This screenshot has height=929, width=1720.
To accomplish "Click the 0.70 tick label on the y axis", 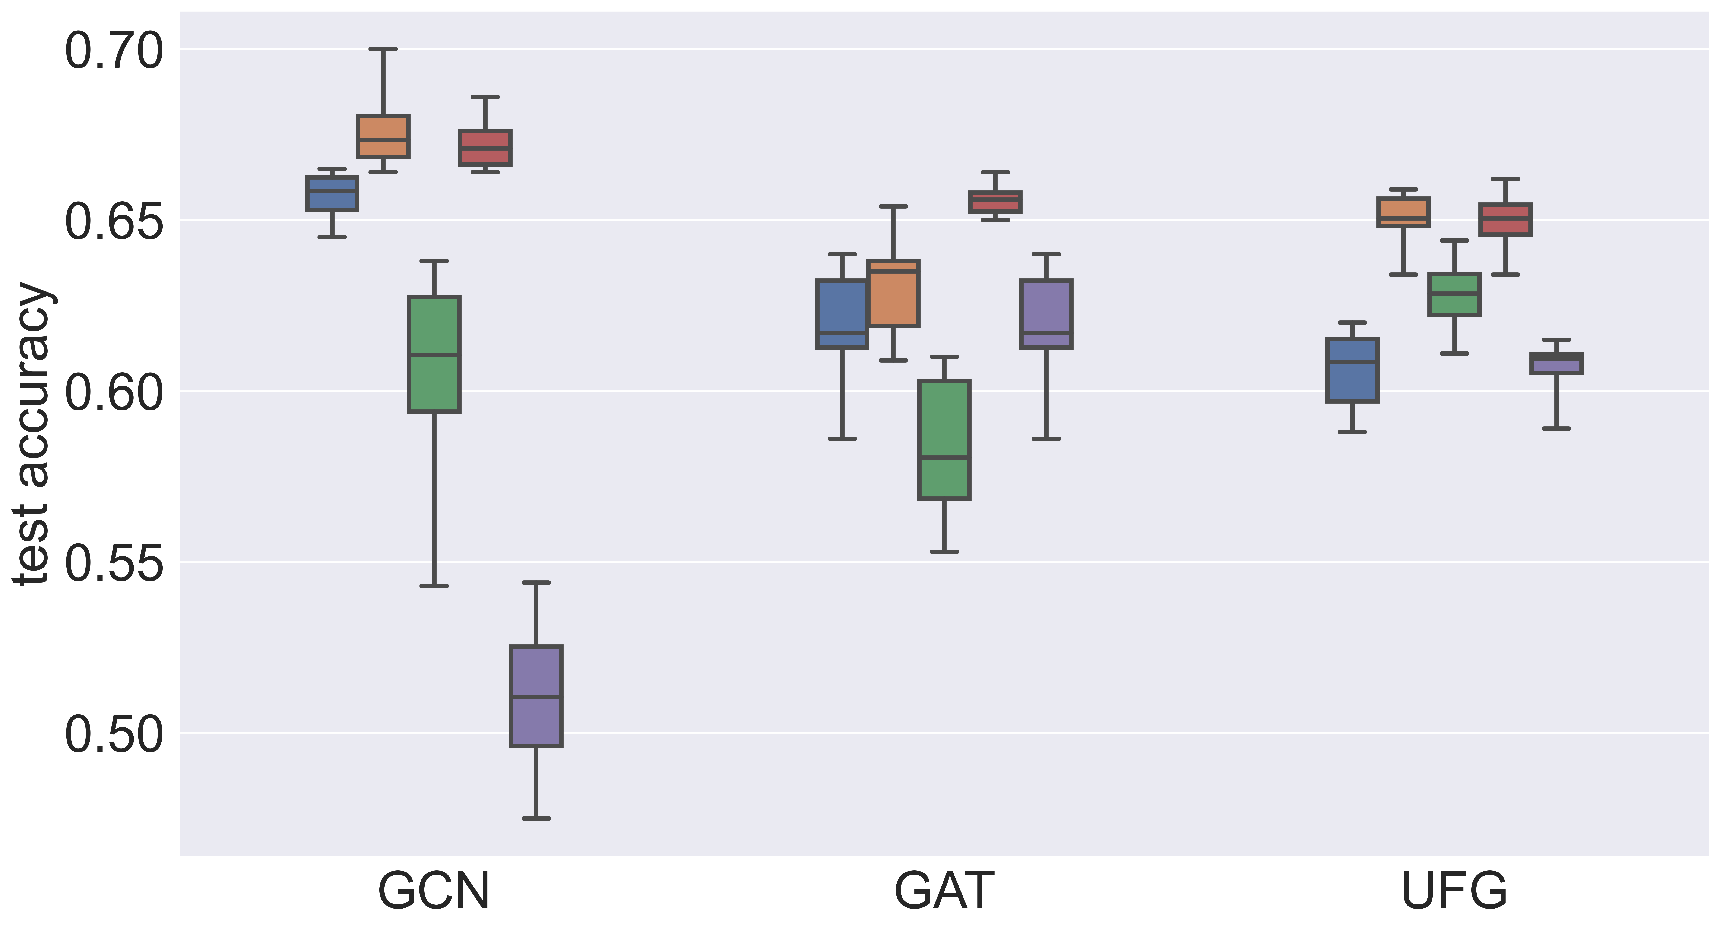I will (x=114, y=51).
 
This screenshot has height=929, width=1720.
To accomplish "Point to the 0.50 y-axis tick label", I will (x=114, y=735).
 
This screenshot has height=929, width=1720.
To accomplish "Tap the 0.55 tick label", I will (x=114, y=564).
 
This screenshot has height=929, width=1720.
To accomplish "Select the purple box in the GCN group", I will (x=536, y=696).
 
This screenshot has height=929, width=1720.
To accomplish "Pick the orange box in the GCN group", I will (x=383, y=136).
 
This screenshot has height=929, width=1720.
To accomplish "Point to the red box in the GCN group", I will (x=485, y=148).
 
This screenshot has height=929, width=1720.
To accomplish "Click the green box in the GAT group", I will (x=944, y=439).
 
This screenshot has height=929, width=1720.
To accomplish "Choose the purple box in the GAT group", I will (x=1046, y=314).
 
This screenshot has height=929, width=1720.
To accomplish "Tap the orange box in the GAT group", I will (x=893, y=294).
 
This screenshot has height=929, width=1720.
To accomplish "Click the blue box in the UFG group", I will (x=1352, y=370).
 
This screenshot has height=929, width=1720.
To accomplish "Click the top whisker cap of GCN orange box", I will (x=383, y=49).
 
